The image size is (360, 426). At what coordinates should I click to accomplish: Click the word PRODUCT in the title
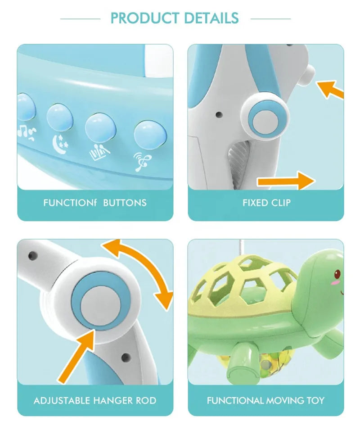(145, 18)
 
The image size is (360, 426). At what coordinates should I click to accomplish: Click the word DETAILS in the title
(211, 18)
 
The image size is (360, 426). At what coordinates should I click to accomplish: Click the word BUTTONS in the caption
(125, 203)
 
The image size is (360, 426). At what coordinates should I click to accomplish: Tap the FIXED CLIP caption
(266, 203)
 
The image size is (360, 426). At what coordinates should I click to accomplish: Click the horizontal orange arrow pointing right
(286, 181)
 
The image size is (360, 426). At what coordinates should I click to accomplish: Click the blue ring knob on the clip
(265, 118)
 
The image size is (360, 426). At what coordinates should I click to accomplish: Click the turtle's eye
(337, 274)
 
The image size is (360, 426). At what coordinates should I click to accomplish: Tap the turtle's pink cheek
(336, 282)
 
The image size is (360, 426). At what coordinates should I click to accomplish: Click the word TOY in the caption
(315, 400)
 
